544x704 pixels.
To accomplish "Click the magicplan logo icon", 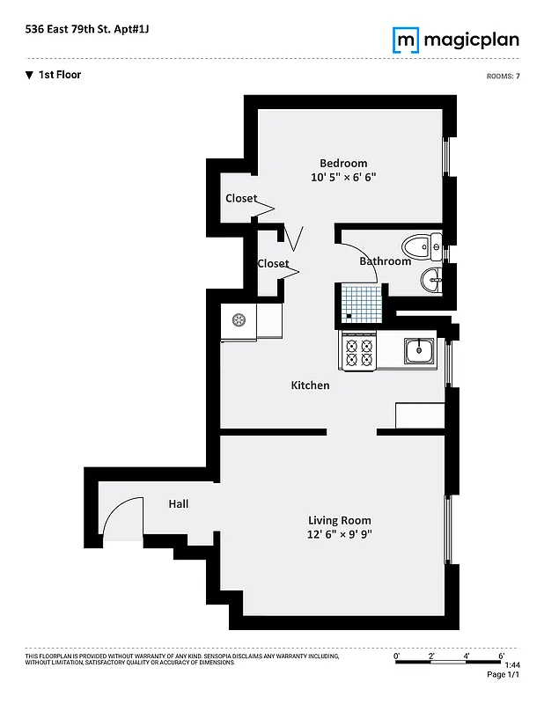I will [405, 40].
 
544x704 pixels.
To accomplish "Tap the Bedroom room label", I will [343, 163].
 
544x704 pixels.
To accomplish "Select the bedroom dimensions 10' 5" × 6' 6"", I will [350, 177].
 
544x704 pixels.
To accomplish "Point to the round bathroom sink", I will [430, 281].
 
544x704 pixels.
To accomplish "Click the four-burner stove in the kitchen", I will [359, 352].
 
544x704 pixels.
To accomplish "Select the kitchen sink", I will [420, 350].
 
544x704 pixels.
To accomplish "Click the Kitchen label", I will [310, 385].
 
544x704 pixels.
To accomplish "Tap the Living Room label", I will [339, 520].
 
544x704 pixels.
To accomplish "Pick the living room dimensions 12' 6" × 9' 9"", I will [340, 534].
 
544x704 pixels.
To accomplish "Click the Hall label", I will [179, 504].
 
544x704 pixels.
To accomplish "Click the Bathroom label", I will [385, 261].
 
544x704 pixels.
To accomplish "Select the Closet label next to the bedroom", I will [241, 198].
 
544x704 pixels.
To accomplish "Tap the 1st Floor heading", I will [59, 75].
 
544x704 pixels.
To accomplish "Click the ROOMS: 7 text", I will [503, 77].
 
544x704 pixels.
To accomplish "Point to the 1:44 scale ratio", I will [512, 666].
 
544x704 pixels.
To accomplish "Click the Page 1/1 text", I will [504, 675].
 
